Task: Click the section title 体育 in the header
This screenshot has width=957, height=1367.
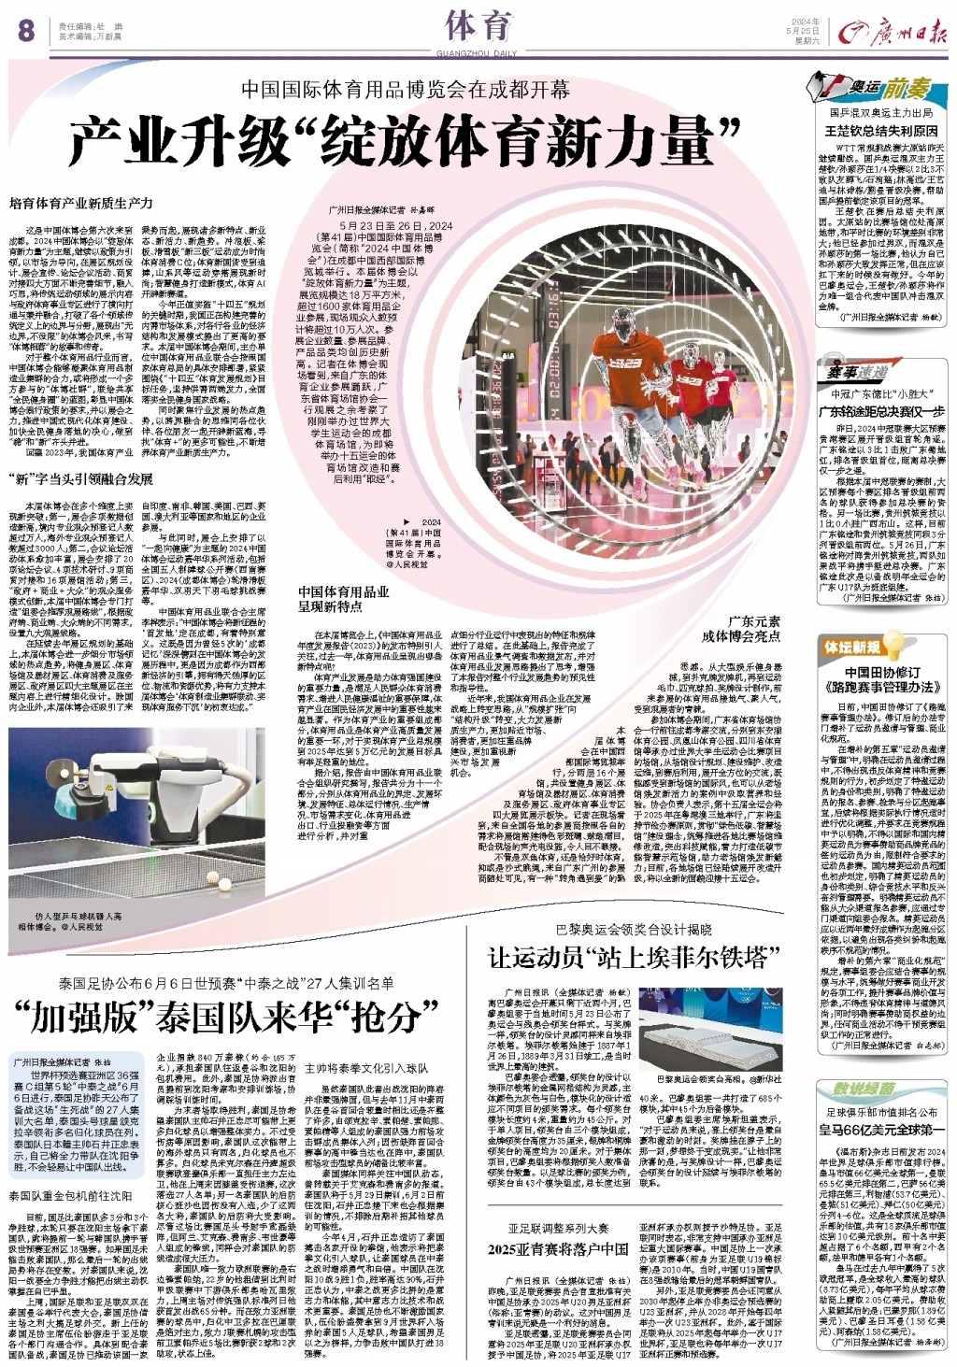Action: point(477,25)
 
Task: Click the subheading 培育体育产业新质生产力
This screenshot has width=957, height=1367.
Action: point(80,202)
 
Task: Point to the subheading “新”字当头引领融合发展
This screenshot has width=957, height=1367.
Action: point(80,479)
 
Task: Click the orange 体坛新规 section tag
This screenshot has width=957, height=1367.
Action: point(851,647)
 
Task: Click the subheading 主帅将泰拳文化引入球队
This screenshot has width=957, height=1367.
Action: point(366,1067)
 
